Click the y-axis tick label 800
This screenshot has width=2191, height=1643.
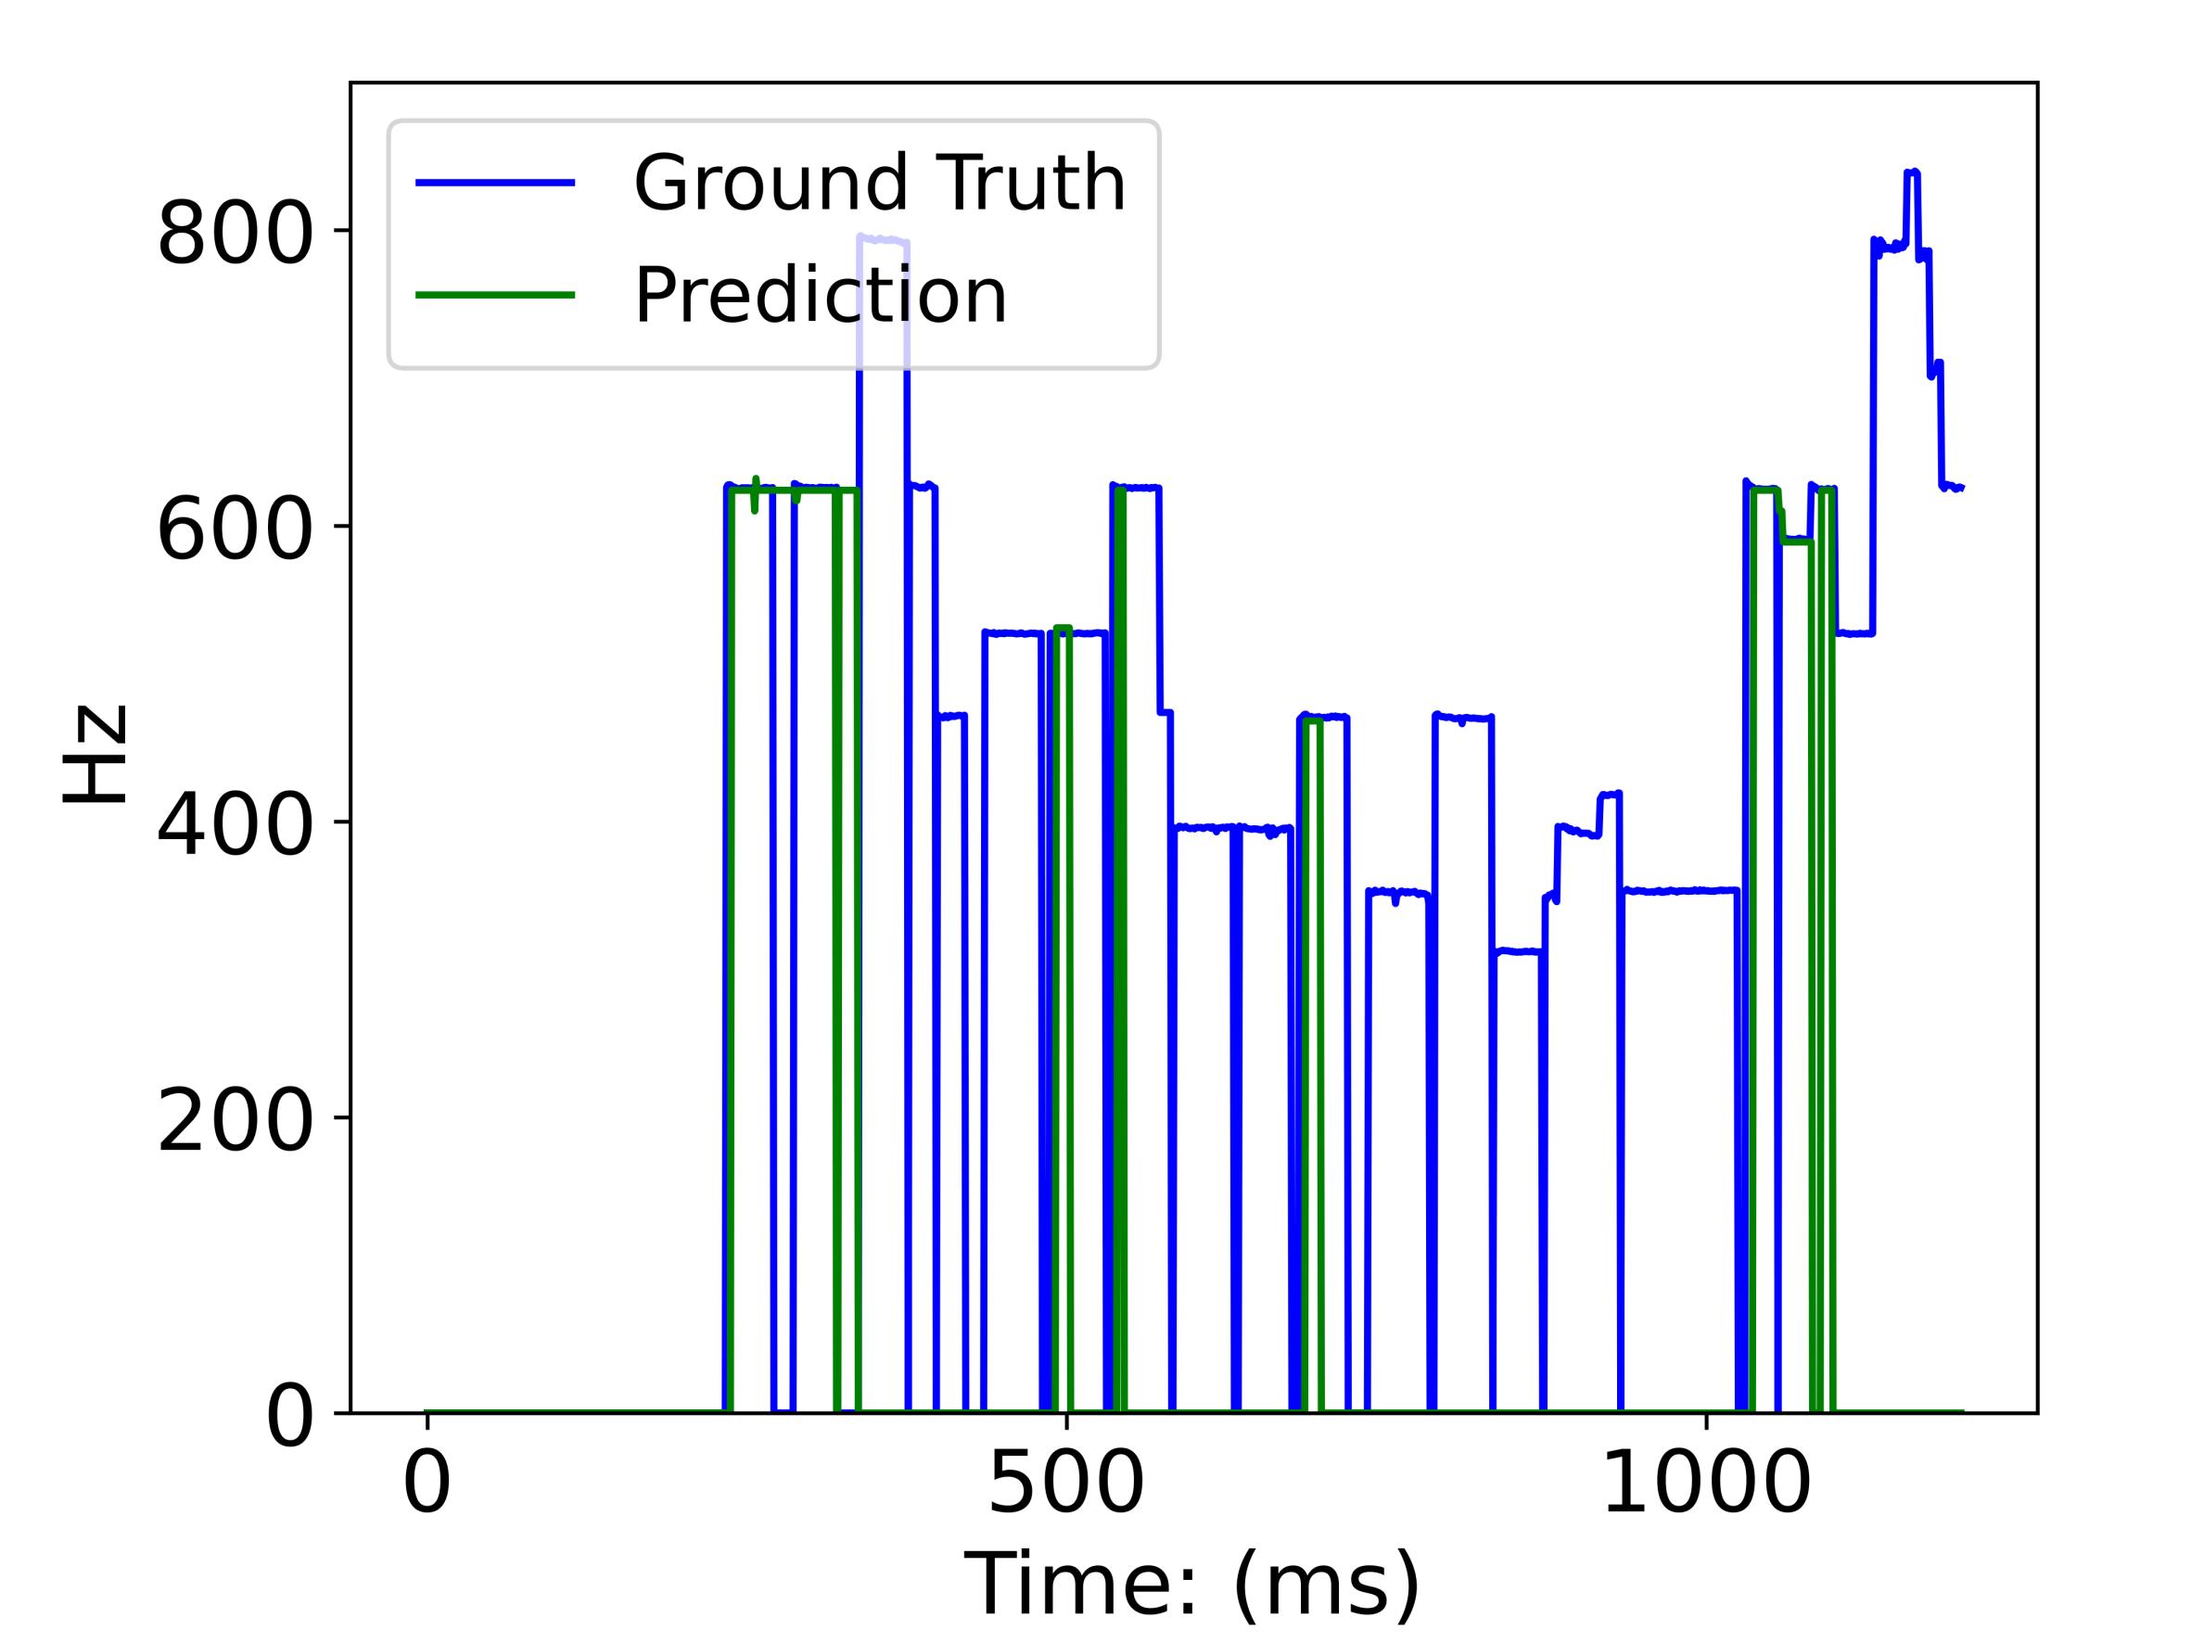tap(235, 236)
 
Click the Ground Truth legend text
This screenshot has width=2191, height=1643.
tap(880, 184)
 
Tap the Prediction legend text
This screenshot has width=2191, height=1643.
tap(821, 295)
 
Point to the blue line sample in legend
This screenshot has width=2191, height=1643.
tap(495, 184)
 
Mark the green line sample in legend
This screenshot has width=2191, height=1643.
tap(495, 295)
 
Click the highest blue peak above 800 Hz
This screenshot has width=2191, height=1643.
tap(1912, 173)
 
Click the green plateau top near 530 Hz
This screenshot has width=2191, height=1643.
tap(1063, 628)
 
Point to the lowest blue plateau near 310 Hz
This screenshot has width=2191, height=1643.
tap(1519, 951)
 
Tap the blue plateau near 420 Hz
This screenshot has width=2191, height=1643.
tap(1610, 795)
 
